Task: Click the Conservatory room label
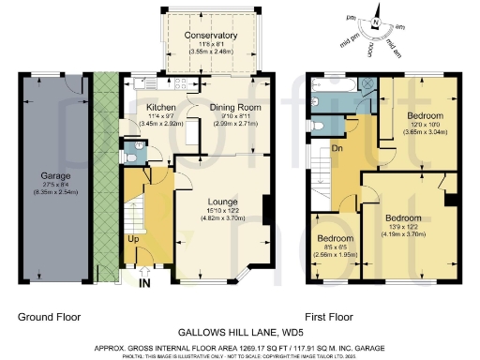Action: pyautogui.click(x=211, y=36)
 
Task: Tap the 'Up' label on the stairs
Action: pyautogui.click(x=133, y=239)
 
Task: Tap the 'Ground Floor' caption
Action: pyautogui.click(x=49, y=317)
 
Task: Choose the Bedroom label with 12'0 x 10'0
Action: pyautogui.click(x=418, y=117)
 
